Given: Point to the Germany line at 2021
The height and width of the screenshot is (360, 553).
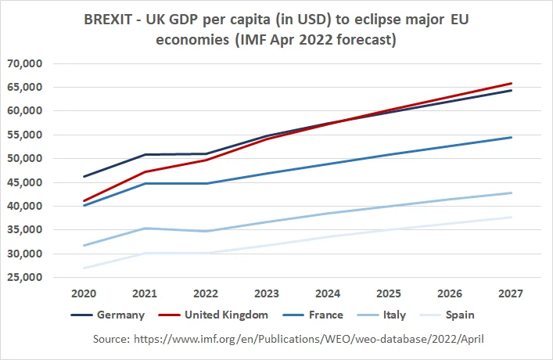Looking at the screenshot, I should coord(144,154).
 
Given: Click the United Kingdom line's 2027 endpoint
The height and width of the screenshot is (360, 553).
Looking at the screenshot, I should coord(511,83).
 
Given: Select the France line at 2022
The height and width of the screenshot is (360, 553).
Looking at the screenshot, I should coord(205,183).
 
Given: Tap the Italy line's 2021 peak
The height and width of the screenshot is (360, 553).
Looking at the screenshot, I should coord(144,228).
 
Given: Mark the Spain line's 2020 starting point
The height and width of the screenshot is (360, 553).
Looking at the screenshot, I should coord(83,268).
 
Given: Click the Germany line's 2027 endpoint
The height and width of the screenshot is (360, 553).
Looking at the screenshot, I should coord(511,91).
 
